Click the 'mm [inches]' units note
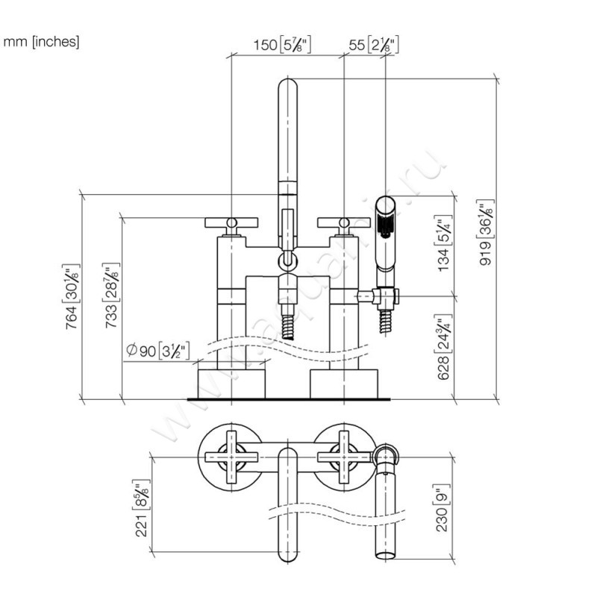[x=41, y=42]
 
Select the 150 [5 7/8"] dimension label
[x=281, y=46]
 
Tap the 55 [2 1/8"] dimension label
[x=373, y=46]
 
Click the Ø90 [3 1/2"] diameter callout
[x=160, y=349]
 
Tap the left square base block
[x=231, y=383]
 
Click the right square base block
[x=344, y=383]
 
